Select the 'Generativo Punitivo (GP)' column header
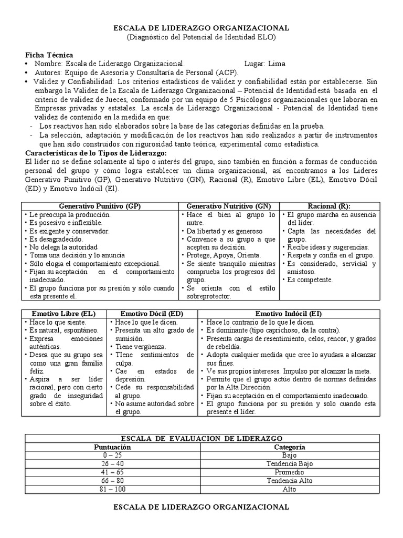click(x=100, y=206)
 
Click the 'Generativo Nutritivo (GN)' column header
click(x=229, y=206)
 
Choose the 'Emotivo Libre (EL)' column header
click(x=64, y=314)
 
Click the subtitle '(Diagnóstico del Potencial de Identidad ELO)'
click(x=201, y=38)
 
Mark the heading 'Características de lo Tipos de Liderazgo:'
click(x=96, y=152)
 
